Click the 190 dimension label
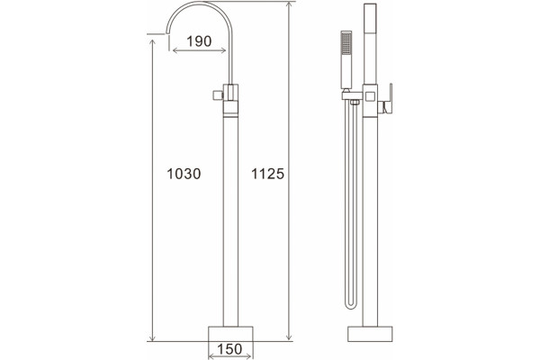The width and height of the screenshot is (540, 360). [x=199, y=41]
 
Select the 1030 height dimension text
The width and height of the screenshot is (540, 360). [x=184, y=174]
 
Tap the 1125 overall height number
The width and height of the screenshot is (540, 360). [x=267, y=174]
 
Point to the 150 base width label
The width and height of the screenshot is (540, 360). [x=229, y=349]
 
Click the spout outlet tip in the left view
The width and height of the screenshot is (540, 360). [x=167, y=32]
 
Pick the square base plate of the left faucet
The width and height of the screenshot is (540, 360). [x=230, y=334]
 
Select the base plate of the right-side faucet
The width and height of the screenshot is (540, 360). [x=370, y=334]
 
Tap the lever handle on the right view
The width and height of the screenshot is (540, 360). [x=390, y=99]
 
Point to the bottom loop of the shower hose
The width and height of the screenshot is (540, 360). [x=351, y=306]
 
